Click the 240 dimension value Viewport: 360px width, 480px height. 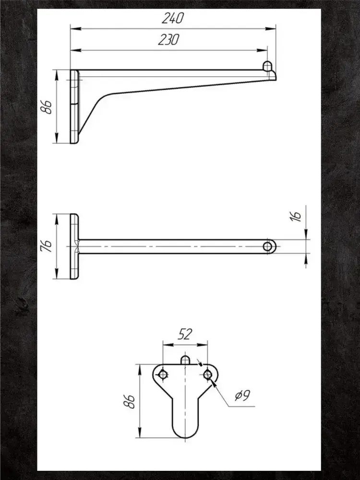pos(172,19)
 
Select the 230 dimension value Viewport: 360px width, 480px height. pos(168,40)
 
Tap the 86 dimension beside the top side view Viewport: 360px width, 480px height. pos(47,107)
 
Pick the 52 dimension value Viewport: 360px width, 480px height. pos(185,334)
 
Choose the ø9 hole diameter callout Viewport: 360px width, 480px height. pos(241,396)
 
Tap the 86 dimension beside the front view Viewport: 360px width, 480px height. pos(129,401)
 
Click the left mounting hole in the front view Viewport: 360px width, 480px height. pos(163,374)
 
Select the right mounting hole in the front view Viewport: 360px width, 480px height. pos(207,374)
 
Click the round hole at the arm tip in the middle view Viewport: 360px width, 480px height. pos(268,246)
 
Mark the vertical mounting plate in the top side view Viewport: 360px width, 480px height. pos(74,107)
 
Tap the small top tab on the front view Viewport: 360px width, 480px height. pos(185,359)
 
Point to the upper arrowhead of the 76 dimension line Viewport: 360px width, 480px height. pos(57,217)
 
